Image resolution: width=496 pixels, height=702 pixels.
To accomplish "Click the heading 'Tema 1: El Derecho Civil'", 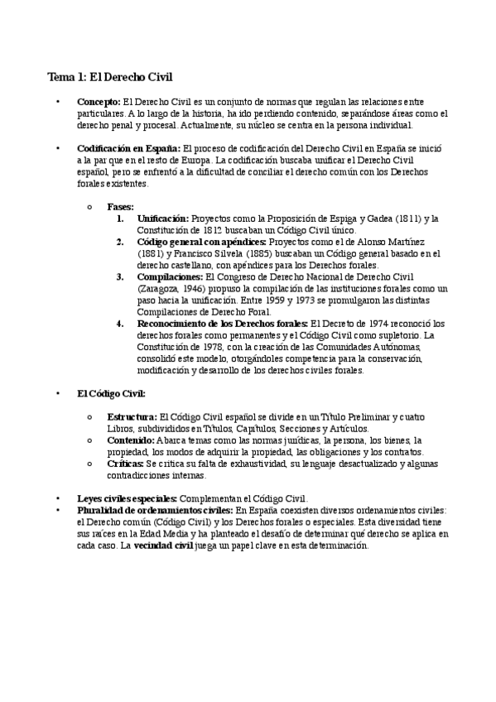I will click(x=109, y=77).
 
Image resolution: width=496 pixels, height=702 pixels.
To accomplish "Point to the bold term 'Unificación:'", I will click(x=163, y=219).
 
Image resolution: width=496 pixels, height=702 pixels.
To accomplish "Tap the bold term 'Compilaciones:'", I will click(x=170, y=276).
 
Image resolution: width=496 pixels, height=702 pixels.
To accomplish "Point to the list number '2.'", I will click(x=120, y=242).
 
